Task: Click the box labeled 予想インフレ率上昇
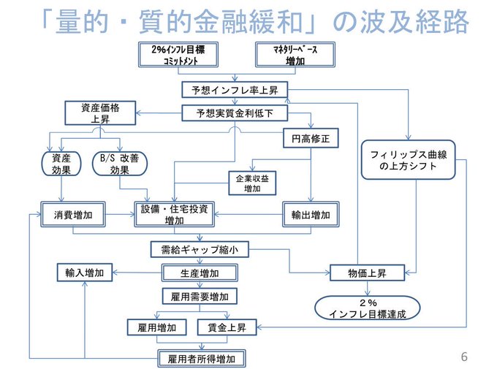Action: coord(235,90)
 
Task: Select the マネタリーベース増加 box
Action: coord(295,55)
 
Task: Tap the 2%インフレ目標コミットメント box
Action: coord(178,55)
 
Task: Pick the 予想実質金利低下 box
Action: coord(235,113)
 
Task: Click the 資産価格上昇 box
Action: coord(100,113)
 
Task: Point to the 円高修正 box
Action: coord(311,138)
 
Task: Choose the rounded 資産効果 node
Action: coord(61,164)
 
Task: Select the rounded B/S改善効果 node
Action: coord(119,164)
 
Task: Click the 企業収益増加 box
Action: coord(252,183)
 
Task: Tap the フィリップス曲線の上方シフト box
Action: coord(409,160)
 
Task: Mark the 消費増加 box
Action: coord(73,214)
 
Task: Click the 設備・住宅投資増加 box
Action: coord(175,214)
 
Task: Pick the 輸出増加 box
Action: coord(311,214)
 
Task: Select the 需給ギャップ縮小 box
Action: coord(200,249)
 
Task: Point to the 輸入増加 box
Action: coord(85,273)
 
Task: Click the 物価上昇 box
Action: coord(368,273)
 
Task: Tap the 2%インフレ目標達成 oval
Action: coord(368,308)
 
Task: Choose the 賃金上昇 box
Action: coord(227,327)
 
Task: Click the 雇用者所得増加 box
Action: coord(202,359)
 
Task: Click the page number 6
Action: coord(464,357)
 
